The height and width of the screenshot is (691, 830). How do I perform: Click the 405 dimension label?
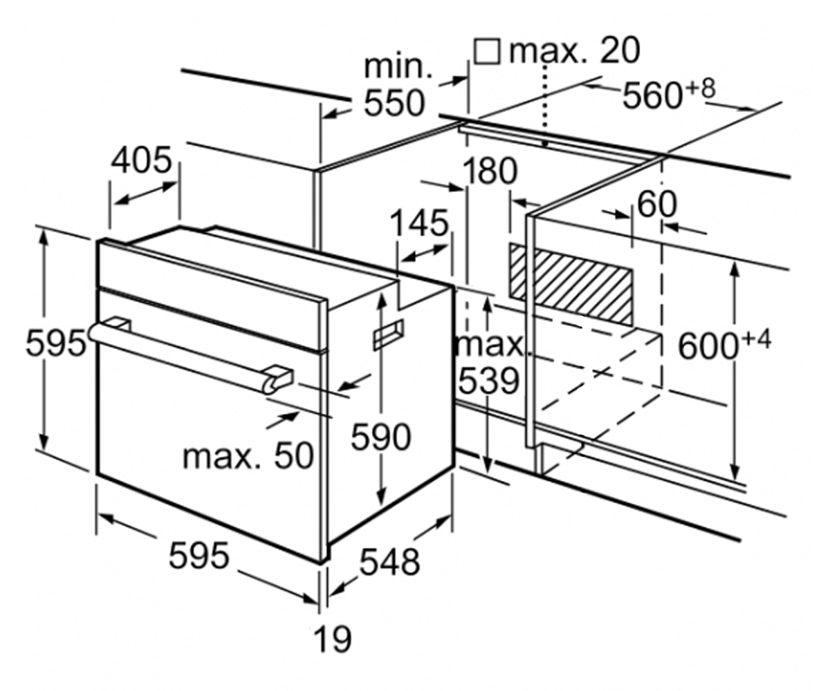point(141,160)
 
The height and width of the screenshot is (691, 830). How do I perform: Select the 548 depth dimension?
point(389,562)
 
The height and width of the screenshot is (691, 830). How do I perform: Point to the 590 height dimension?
point(380,437)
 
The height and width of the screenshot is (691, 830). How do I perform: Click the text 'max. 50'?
point(248,456)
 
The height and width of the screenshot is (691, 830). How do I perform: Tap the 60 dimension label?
point(656,205)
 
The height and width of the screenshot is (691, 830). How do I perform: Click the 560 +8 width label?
point(669,94)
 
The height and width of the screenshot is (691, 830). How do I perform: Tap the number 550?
point(394,103)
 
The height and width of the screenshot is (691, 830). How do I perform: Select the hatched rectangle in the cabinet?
point(571,283)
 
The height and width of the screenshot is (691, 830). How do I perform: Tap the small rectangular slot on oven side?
point(388,334)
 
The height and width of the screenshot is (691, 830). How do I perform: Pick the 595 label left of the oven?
point(55,342)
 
